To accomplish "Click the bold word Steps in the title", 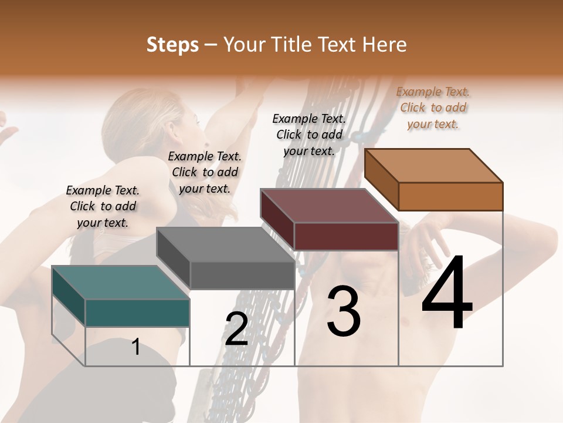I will pyautogui.click(x=172, y=45).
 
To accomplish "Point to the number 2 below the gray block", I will pyautogui.click(x=236, y=328).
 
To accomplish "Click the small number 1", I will pyautogui.click(x=135, y=347).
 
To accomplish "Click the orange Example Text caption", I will pyautogui.click(x=433, y=108).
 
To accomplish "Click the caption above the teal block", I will pyautogui.click(x=103, y=206).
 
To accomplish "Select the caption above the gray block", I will pyautogui.click(x=205, y=172).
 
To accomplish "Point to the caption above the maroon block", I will pyautogui.click(x=309, y=135).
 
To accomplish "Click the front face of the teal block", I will pyautogui.click(x=137, y=313).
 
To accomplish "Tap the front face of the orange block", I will pyautogui.click(x=450, y=196).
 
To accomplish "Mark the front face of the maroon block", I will pyautogui.click(x=346, y=236).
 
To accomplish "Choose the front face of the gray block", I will pyautogui.click(x=242, y=275).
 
